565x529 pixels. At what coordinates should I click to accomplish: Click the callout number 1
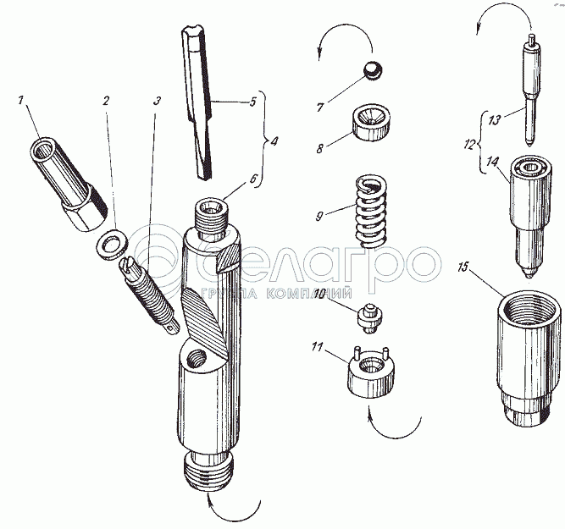click(x=21, y=100)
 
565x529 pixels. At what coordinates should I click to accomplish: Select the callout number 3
click(x=157, y=101)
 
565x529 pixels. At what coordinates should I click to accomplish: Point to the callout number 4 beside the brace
click(x=274, y=141)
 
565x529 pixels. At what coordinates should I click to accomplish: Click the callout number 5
click(x=252, y=102)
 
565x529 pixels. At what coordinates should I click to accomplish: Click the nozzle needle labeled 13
click(x=531, y=90)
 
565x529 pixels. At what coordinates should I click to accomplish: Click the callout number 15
click(x=463, y=268)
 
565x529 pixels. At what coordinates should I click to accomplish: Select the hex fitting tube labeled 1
click(x=69, y=184)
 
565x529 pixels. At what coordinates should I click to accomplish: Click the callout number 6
click(x=254, y=179)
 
